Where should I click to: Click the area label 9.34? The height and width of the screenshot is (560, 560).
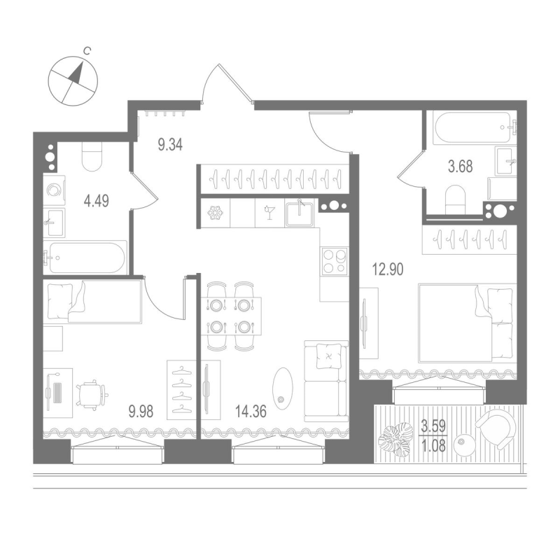pos(170,145)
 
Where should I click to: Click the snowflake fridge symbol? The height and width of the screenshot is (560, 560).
pos(215,213)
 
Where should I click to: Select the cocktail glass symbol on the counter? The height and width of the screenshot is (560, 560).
pos(269,213)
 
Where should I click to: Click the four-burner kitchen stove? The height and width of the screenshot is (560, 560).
pos(333,260)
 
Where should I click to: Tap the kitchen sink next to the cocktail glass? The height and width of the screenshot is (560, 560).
pos(300,212)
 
